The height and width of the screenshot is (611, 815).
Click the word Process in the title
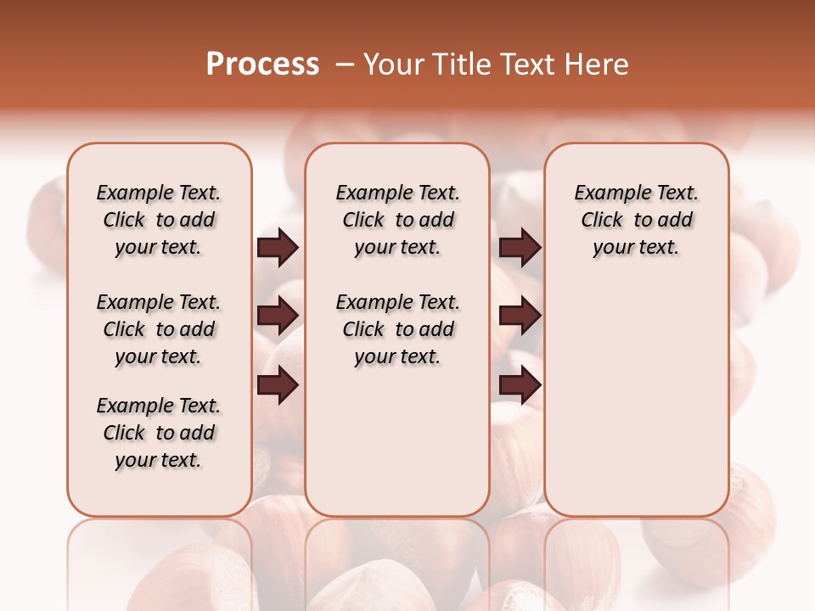262,64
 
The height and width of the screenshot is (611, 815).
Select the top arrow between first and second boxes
278,248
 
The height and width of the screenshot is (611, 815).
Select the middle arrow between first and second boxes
278,317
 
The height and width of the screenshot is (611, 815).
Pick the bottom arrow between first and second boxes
278,386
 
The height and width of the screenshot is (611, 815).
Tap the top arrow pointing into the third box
520,248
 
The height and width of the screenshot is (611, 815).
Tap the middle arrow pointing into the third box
520,317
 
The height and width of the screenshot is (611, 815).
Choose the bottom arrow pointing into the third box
520,386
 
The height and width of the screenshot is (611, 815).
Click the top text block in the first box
159,220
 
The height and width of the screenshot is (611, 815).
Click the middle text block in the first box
159,329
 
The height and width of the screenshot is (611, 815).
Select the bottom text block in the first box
159,433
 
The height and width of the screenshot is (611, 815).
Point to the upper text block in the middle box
397,220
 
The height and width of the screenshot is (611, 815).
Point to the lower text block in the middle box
397,329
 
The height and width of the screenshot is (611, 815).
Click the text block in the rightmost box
636,220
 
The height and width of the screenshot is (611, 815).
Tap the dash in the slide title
345,64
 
